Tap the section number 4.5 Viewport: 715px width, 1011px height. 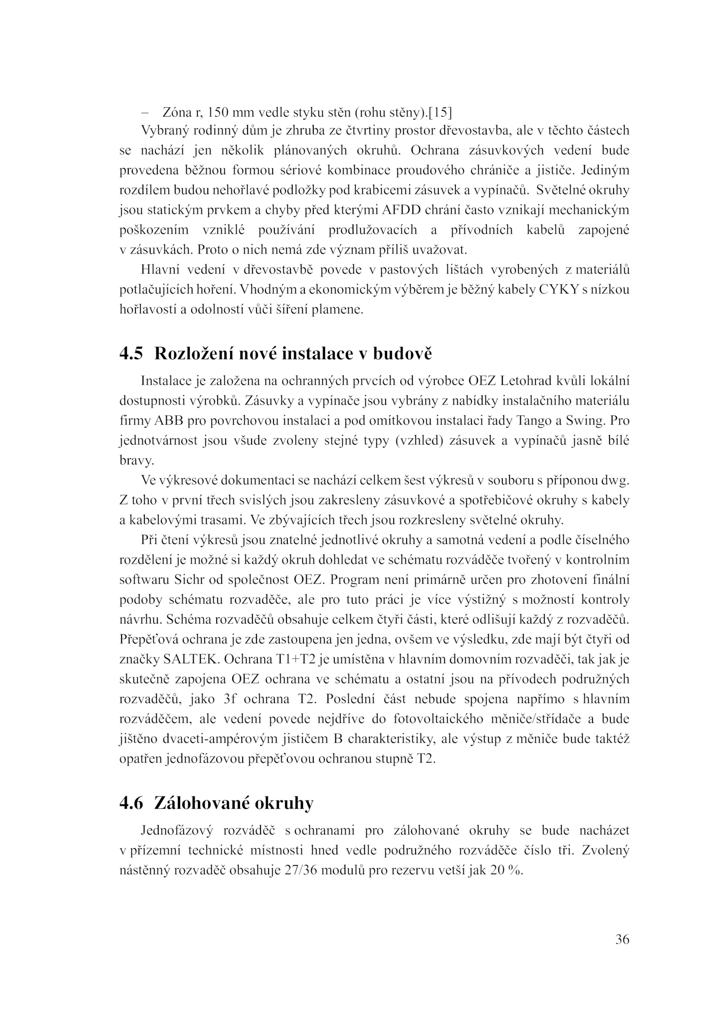[x=131, y=354]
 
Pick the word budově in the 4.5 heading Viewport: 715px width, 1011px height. [x=403, y=354]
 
